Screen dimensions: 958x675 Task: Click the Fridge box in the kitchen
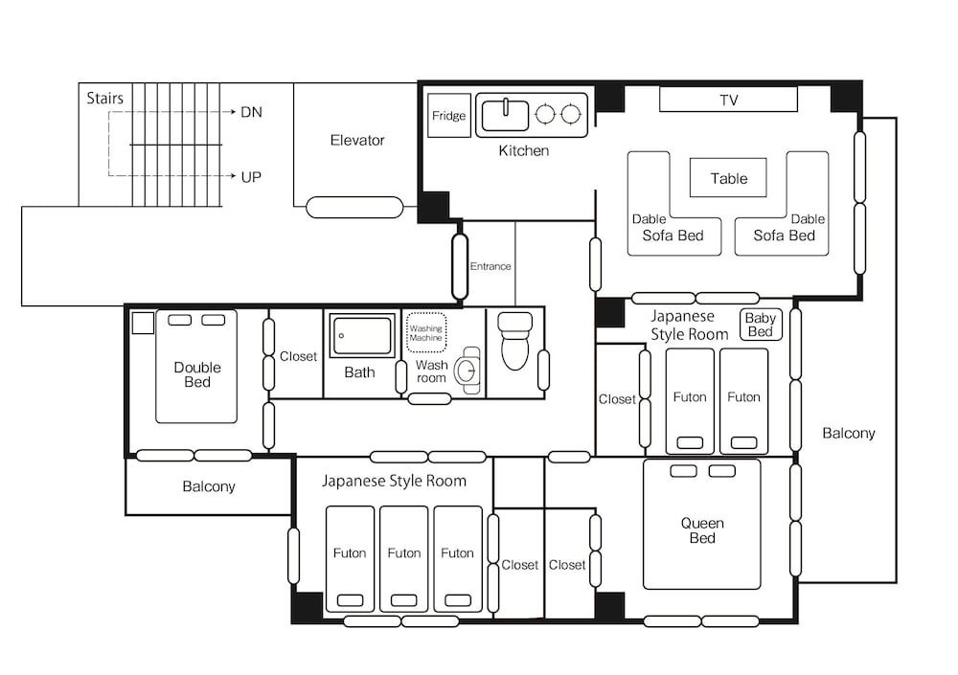(449, 116)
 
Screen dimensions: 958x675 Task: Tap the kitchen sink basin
(505, 116)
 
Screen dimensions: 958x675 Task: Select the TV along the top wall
(728, 100)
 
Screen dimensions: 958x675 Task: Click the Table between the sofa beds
(728, 178)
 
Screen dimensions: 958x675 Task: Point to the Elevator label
(357, 140)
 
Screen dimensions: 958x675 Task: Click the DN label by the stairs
(251, 112)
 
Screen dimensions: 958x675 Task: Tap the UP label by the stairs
(251, 177)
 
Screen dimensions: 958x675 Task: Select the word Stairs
(104, 98)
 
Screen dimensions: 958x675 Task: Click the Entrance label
(490, 266)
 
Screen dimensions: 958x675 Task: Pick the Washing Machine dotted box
(426, 333)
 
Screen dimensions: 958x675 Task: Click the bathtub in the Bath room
(362, 335)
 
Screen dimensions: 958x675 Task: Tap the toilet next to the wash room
(515, 341)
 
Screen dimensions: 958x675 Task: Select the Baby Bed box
(761, 325)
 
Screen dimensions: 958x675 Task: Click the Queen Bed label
(702, 530)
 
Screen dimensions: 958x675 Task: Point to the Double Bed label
(197, 374)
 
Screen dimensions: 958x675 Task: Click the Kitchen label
(524, 150)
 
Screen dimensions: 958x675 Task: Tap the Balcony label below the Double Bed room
(209, 486)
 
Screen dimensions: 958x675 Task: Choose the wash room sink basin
(468, 371)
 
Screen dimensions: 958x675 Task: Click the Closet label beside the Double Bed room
(298, 356)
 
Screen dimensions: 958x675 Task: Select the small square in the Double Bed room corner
(143, 324)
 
